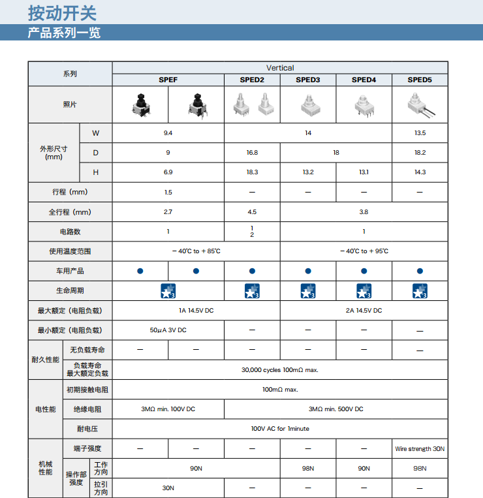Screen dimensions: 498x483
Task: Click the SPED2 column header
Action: point(252,80)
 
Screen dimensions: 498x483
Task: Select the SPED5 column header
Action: point(420,80)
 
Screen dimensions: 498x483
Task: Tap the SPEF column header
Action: point(168,80)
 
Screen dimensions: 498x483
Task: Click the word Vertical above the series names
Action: point(280,68)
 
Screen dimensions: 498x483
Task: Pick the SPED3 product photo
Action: point(307,104)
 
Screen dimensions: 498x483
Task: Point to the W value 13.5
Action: point(420,133)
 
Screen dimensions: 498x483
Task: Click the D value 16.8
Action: point(252,153)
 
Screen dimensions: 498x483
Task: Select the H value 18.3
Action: point(252,172)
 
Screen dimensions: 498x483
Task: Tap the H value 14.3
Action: point(420,172)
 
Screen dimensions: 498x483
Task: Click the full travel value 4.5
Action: point(252,212)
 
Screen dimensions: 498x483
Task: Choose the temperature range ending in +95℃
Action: point(364,251)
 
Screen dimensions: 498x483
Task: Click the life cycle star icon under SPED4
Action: point(364,291)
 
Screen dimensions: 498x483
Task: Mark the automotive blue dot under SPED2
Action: point(252,271)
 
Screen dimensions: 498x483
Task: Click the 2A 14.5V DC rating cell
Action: point(364,311)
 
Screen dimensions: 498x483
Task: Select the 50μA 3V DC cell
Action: point(168,330)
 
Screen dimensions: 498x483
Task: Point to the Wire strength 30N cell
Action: point(420,448)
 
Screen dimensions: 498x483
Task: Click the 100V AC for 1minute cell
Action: point(280,429)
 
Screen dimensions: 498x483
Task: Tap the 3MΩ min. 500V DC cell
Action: point(335,409)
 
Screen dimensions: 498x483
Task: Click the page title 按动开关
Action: point(63,12)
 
